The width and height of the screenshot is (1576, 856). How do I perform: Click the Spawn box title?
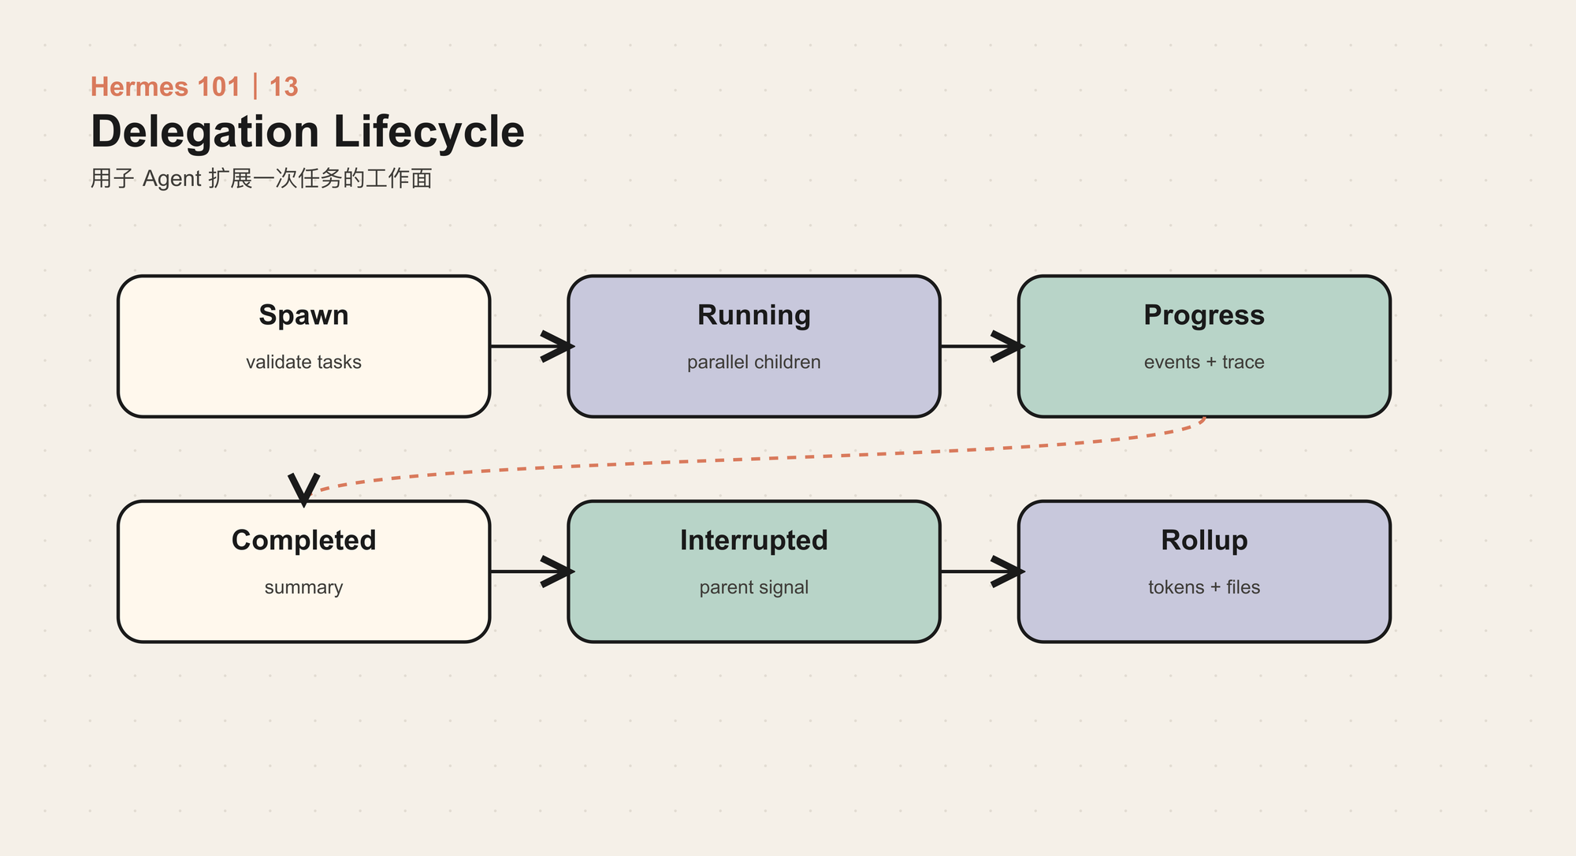[303, 316]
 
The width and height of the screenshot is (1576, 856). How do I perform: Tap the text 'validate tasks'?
[303, 362]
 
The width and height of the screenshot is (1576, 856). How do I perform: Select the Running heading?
[754, 316]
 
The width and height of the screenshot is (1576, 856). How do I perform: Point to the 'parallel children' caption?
[754, 363]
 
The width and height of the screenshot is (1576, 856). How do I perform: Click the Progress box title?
[1204, 316]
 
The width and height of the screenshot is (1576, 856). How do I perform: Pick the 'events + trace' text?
[1204, 362]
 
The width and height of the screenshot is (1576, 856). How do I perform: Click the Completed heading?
[303, 541]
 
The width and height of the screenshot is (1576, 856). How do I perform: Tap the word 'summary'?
[303, 588]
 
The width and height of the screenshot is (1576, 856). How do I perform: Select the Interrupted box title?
[754, 541]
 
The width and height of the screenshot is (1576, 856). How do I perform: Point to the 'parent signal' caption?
[754, 588]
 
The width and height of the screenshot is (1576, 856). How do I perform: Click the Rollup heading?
[1204, 541]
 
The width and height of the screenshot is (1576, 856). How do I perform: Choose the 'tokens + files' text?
[1204, 587]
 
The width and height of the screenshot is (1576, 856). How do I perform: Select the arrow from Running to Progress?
[982, 346]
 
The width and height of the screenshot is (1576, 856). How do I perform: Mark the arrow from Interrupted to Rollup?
[982, 571]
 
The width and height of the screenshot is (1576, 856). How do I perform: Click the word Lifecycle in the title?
[429, 132]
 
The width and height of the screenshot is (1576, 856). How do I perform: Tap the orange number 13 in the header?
[284, 87]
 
